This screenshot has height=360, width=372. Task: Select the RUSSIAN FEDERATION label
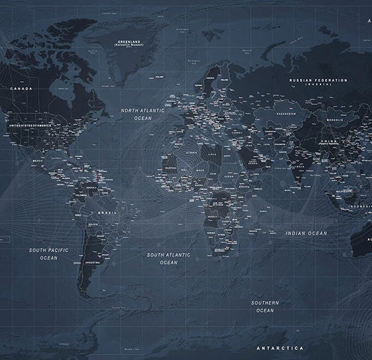pyautogui.click(x=318, y=80)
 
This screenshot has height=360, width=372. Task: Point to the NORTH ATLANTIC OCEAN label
pyautogui.click(x=143, y=115)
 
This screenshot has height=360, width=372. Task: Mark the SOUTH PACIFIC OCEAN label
pyautogui.click(x=49, y=253)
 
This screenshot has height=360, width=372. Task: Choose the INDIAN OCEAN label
pyautogui.click(x=306, y=233)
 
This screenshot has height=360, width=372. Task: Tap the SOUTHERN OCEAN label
pyautogui.click(x=265, y=306)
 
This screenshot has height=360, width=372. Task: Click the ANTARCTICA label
pyautogui.click(x=280, y=348)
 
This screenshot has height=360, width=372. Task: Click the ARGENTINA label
pyautogui.click(x=92, y=263)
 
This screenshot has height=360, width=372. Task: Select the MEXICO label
pyautogui.click(x=37, y=161)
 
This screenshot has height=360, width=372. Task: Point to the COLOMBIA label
pyautogui.click(x=82, y=195)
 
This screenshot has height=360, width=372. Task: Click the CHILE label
pyautogui.click(x=77, y=262)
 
